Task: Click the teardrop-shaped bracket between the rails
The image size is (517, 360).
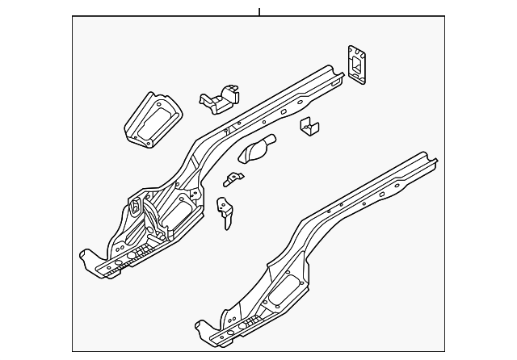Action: tap(257, 149)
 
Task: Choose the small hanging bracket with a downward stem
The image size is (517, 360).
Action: tap(226, 211)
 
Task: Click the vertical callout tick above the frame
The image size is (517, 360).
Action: tap(258, 11)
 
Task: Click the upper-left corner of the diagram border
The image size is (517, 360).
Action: tap(73, 17)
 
